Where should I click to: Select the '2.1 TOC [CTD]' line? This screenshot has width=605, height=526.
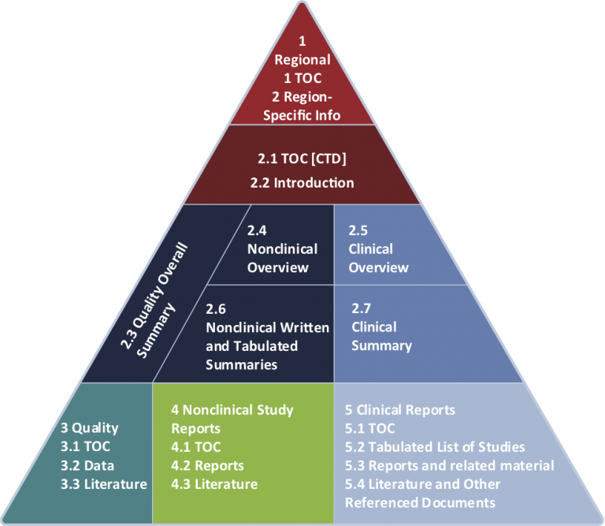[x=302, y=159]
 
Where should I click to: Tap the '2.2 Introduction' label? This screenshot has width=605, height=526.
[x=302, y=182]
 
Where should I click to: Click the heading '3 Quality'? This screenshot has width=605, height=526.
[x=90, y=428]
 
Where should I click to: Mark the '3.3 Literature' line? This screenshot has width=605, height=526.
[x=103, y=483]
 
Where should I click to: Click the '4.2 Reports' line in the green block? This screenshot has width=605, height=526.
[x=207, y=465]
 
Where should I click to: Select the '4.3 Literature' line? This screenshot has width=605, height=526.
[x=214, y=483]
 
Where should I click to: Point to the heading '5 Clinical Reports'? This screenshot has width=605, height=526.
[x=399, y=410]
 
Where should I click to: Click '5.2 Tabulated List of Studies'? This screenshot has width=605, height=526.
[x=435, y=447]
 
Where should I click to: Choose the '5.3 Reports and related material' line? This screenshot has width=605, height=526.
[x=449, y=465]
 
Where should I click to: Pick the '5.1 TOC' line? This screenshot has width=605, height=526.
[x=370, y=428]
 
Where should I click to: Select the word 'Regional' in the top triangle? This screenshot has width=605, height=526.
[x=302, y=59]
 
